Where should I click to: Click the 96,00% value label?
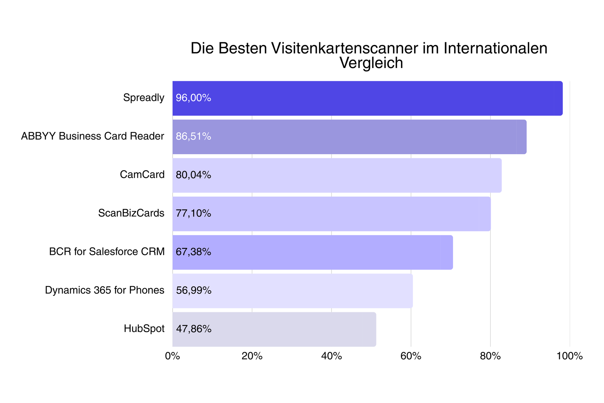pyautogui.click(x=193, y=98)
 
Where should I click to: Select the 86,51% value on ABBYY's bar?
pyautogui.click(x=193, y=136)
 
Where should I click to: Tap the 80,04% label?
pyautogui.click(x=193, y=175)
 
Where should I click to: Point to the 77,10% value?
pyautogui.click(x=193, y=214)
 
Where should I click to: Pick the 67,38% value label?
pyautogui.click(x=193, y=252)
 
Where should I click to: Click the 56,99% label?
pyautogui.click(x=194, y=290)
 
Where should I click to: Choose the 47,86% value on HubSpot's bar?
pyautogui.click(x=194, y=329)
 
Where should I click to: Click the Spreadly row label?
pyautogui.click(x=143, y=98)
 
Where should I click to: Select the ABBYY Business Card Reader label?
pyautogui.click(x=92, y=136)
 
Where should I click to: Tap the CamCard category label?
pyautogui.click(x=142, y=175)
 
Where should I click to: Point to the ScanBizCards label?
pyautogui.click(x=131, y=213)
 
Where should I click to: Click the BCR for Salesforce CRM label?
pyautogui.click(x=107, y=252)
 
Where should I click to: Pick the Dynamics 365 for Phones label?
pyautogui.click(x=105, y=290)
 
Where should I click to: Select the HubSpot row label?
pyautogui.click(x=144, y=329)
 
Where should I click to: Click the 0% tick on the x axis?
pyautogui.click(x=173, y=356)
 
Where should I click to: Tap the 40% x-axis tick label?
pyautogui.click(x=331, y=356)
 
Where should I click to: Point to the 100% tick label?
pyautogui.click(x=570, y=356)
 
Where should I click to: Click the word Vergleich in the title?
pyautogui.click(x=371, y=63)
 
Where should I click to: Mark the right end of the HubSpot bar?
pyautogui.click(x=376, y=329)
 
